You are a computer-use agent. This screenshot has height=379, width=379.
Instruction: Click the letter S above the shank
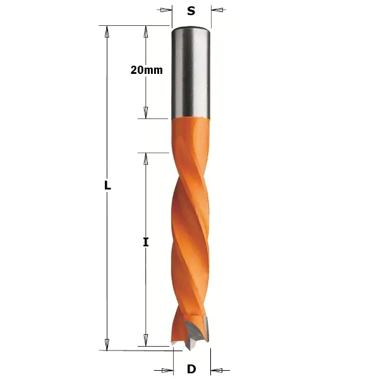tap(191, 11)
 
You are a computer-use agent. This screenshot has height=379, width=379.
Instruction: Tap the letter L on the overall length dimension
tap(107, 186)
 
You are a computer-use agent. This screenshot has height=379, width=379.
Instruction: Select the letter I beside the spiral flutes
tap(146, 242)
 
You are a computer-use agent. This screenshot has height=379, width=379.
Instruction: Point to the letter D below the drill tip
tap(191, 370)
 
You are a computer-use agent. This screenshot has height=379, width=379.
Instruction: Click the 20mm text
tap(147, 70)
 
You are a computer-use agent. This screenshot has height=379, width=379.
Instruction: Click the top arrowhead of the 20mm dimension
tap(146, 32)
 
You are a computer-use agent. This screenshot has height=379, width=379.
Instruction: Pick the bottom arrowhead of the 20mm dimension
tap(146, 112)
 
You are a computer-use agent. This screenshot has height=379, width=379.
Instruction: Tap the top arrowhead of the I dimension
tap(146, 159)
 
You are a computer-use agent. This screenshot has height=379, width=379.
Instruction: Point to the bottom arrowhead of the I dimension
tap(146, 341)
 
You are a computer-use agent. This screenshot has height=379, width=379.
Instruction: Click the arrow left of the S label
tap(165, 10)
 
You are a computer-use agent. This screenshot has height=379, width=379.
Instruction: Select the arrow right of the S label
tap(217, 10)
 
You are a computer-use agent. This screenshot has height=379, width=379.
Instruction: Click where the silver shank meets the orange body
tap(191, 118)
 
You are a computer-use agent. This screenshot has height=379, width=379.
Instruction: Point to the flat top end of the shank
tap(191, 27)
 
